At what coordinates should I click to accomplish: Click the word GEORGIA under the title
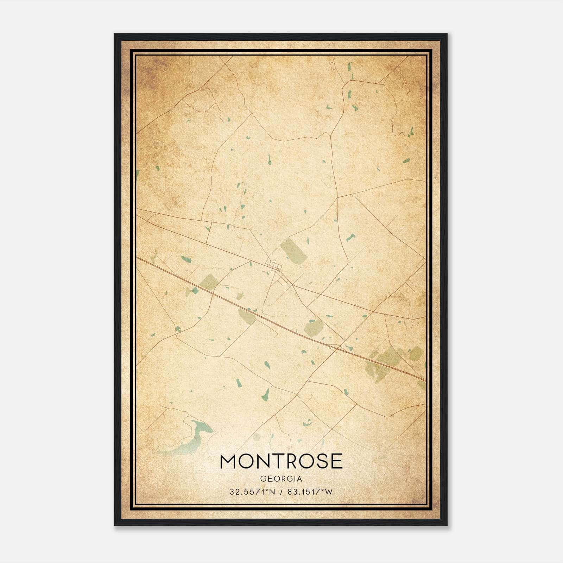[281, 479]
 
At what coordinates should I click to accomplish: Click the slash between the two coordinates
[281, 492]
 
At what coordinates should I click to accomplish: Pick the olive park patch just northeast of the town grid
[293, 251]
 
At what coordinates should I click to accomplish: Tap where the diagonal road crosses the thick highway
[339, 348]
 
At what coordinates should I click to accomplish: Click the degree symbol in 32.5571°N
[265, 490]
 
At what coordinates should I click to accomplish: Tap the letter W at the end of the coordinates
[329, 492]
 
